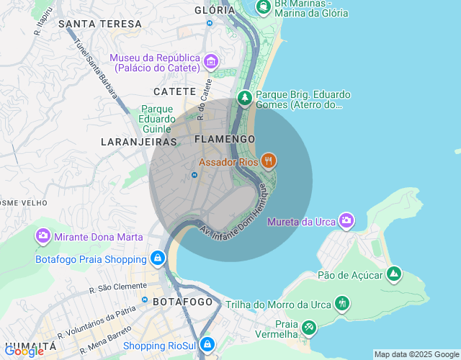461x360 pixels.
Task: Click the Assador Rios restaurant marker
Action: click(x=269, y=161)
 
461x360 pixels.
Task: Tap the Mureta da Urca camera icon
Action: click(x=346, y=220)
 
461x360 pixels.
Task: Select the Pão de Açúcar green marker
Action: click(x=393, y=274)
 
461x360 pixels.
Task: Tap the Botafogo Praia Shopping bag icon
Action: click(x=157, y=258)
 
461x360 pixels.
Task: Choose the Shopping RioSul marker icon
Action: click(x=207, y=346)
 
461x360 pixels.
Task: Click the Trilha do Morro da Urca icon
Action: click(x=342, y=304)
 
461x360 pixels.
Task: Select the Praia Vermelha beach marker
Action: click(x=308, y=328)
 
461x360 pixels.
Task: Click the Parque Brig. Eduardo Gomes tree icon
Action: click(x=245, y=97)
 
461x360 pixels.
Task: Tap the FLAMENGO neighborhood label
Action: click(x=225, y=138)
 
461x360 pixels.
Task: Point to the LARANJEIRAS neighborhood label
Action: click(x=139, y=142)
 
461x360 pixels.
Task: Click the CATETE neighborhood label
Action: click(x=174, y=91)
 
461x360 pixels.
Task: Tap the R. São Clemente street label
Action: click(x=118, y=287)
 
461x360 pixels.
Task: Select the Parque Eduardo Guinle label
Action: click(x=158, y=119)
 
